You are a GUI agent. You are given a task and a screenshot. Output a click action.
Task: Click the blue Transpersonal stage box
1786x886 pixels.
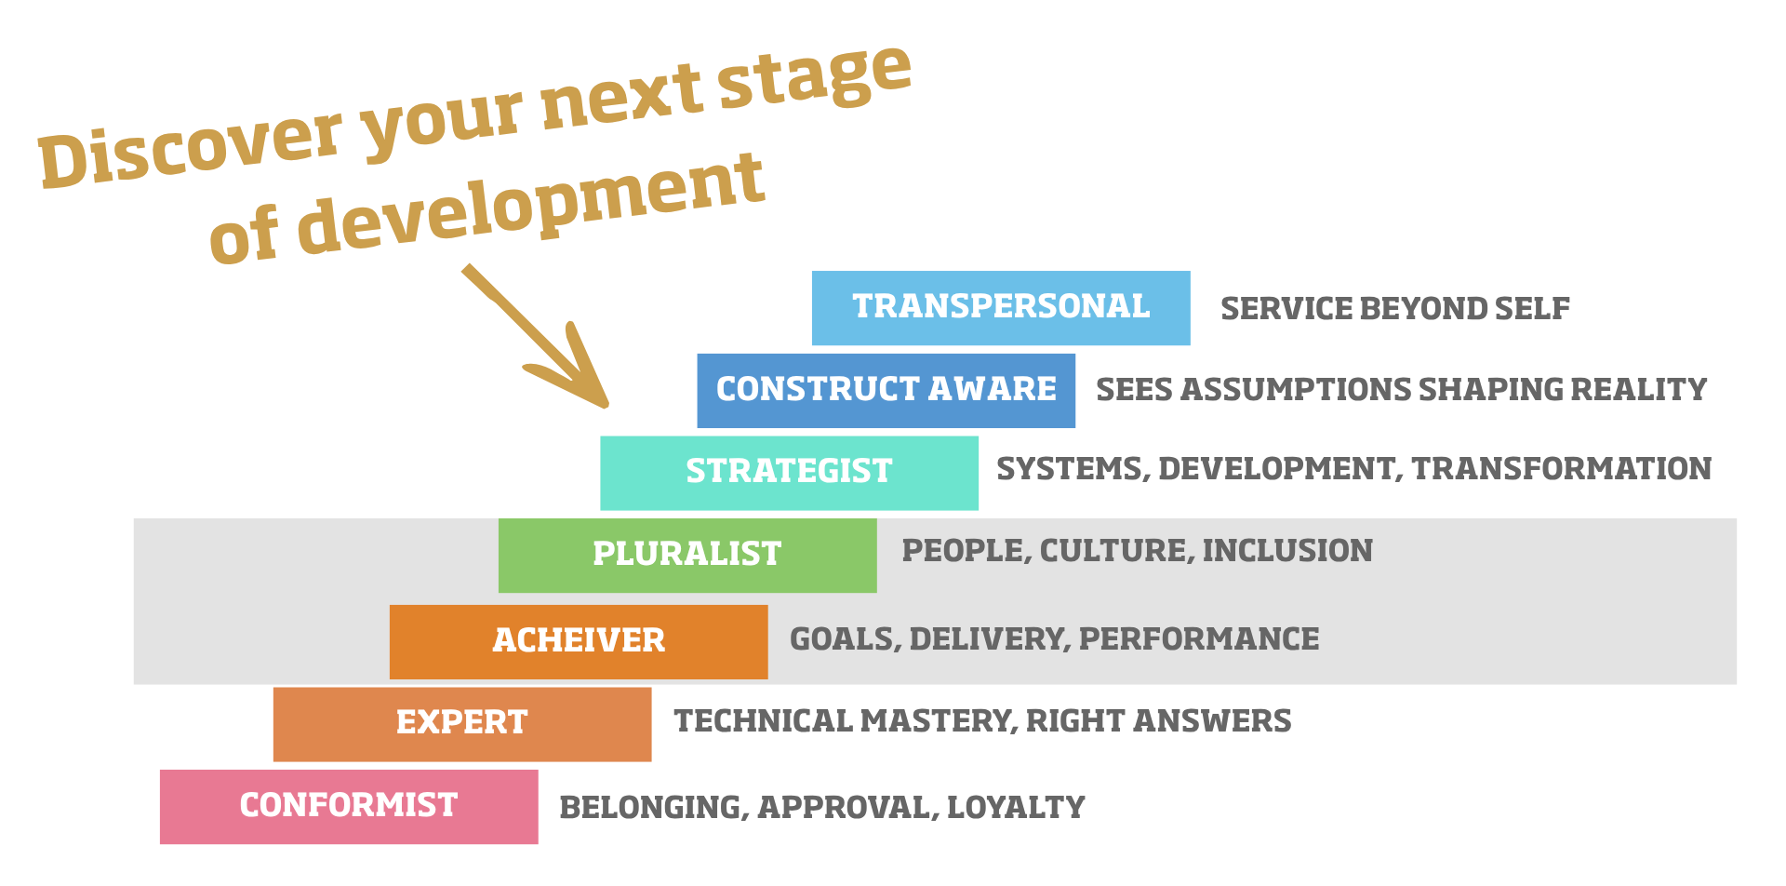(1000, 308)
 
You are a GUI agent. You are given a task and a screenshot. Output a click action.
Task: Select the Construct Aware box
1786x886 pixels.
(886, 390)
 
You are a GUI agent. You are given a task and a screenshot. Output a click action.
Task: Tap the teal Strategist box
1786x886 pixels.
(789, 472)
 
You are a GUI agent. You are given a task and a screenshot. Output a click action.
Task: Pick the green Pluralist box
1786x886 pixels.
(686, 555)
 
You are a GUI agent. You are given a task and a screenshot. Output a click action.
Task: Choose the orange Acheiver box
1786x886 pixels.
(579, 641)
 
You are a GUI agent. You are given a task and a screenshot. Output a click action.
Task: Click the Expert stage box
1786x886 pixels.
(461, 723)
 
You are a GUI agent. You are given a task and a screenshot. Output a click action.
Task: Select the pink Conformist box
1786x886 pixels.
(348, 806)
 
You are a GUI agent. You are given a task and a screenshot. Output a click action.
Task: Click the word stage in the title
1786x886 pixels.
(814, 79)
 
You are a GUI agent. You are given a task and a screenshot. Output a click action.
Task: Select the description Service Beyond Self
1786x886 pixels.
(1394, 309)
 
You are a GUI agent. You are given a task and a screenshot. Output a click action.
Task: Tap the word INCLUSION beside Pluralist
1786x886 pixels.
(1287, 551)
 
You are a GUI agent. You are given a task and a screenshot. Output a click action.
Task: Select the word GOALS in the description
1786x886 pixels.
(844, 639)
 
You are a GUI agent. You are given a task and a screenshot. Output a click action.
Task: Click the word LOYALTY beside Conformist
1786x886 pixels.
(1016, 808)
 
